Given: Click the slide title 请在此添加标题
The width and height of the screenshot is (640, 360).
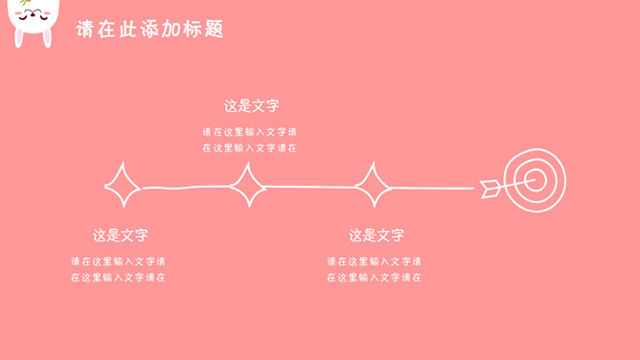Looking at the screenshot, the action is (149, 29).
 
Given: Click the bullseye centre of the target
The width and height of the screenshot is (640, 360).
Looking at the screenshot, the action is (536, 180).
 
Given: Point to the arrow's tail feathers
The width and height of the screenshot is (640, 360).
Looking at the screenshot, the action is (490, 189).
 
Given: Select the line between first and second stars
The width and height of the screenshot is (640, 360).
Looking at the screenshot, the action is (186, 188).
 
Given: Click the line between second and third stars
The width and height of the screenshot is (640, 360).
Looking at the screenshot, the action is (310, 187).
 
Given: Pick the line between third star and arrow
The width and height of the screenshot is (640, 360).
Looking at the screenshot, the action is (433, 188).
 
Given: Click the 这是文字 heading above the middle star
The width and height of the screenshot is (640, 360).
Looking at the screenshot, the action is (251, 106).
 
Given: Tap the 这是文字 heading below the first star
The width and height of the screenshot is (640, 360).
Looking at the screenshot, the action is (120, 236).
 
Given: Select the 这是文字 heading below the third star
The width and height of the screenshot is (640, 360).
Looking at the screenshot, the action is (377, 236).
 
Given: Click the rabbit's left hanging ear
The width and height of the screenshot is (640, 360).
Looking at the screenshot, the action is (18, 38).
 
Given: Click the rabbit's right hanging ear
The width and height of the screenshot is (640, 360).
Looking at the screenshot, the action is (48, 38).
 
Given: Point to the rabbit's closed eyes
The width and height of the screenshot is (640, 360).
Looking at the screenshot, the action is (34, 15).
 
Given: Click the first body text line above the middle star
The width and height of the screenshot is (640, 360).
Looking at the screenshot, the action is (249, 132).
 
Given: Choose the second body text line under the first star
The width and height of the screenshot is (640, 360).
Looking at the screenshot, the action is (118, 278).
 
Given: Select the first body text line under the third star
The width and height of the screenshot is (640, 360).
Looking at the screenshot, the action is (374, 261).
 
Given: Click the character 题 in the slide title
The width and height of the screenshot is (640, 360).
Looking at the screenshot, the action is (214, 29).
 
